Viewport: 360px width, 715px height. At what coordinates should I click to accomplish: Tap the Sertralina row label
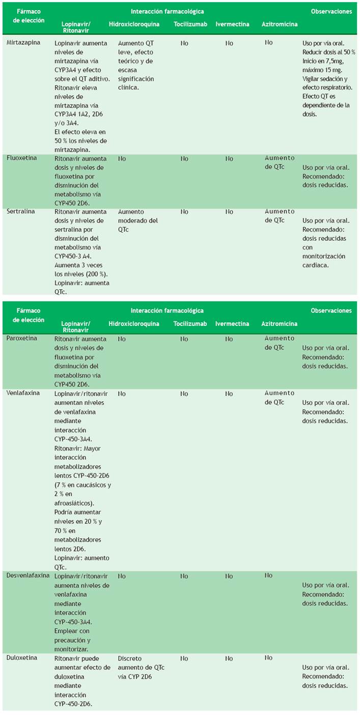coord(20,211)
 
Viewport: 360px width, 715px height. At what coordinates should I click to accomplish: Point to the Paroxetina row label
coord(21,339)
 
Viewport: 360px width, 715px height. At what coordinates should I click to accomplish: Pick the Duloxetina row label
coord(21,658)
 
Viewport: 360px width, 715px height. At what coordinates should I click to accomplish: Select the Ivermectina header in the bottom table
coord(232,323)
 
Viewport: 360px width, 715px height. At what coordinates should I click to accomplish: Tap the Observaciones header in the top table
coord(331,11)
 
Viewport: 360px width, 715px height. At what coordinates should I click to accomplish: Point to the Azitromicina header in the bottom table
coord(280,323)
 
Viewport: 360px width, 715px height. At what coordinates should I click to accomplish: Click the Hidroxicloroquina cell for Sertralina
coord(137,216)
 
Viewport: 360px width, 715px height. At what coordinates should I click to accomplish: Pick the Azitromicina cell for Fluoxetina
coord(280,162)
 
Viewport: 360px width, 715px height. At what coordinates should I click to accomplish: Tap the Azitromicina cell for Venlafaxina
coord(280,398)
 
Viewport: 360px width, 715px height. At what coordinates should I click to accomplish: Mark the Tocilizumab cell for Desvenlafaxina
coord(184,576)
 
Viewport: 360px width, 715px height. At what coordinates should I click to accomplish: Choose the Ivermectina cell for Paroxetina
coord(229,339)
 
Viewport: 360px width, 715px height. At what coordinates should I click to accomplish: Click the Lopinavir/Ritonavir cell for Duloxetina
coord(82,677)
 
